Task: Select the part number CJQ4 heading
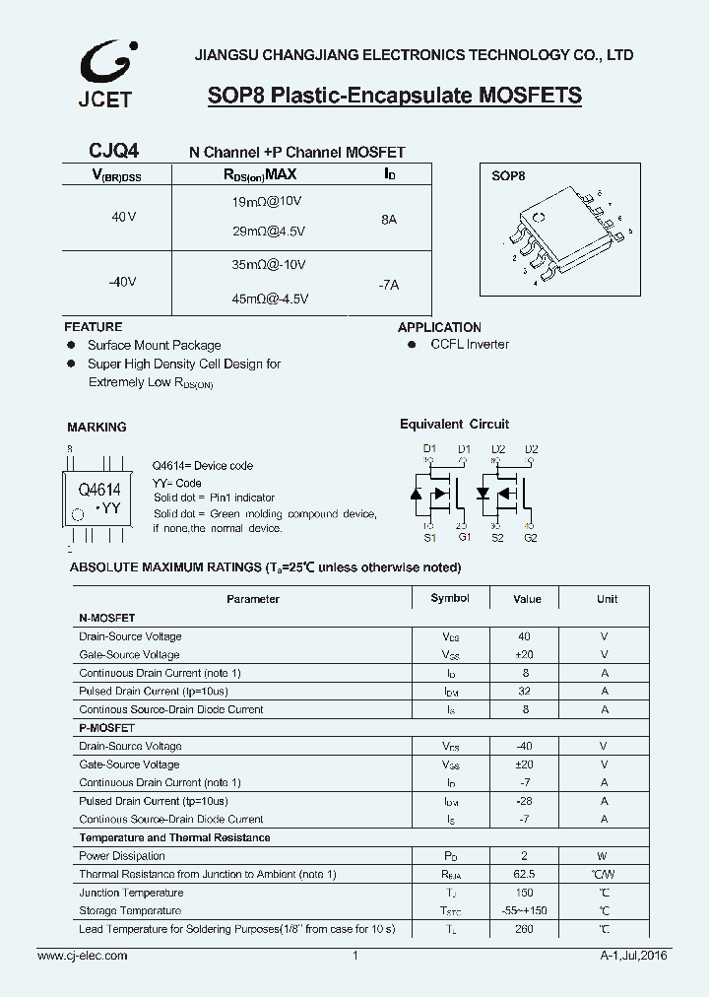click(113, 151)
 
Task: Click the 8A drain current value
click(388, 220)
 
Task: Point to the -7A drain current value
click(388, 285)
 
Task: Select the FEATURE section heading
click(94, 327)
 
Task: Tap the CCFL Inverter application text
click(470, 345)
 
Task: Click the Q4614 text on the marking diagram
click(98, 489)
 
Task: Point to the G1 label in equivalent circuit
click(464, 538)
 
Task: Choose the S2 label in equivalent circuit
click(497, 538)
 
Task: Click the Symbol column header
click(450, 599)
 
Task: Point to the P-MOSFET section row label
click(106, 728)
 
